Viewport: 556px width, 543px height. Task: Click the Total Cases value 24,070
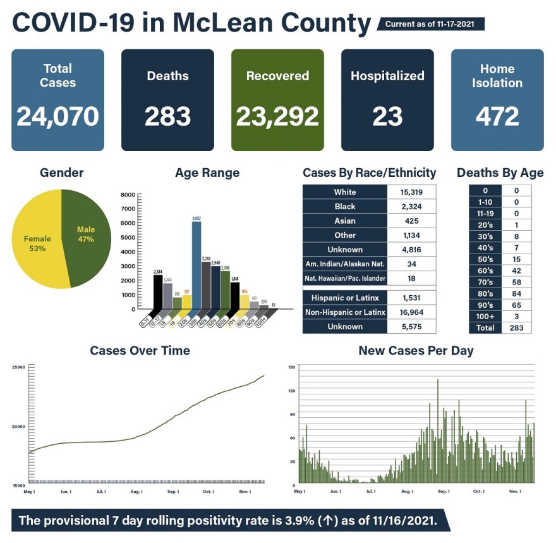click(x=57, y=116)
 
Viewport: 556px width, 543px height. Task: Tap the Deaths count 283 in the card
click(x=167, y=116)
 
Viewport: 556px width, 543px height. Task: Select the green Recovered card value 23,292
click(x=277, y=116)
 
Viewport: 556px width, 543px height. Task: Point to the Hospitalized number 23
click(x=387, y=116)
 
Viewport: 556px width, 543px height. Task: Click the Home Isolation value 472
click(x=497, y=116)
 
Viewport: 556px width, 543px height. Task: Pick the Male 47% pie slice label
click(x=85, y=234)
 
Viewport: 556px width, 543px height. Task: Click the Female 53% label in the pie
click(x=37, y=243)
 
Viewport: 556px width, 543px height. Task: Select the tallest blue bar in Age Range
click(x=196, y=265)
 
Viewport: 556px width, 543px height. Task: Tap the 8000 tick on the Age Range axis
click(x=127, y=195)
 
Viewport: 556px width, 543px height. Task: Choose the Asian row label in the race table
click(x=345, y=221)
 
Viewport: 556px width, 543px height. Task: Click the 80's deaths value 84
click(x=517, y=293)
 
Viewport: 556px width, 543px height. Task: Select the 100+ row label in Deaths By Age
click(x=485, y=316)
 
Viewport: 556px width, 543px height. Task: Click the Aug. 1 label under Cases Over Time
click(x=136, y=491)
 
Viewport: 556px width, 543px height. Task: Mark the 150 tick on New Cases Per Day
click(x=291, y=367)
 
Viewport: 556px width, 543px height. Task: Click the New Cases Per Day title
click(x=415, y=350)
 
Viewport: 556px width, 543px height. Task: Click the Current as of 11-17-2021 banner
click(x=430, y=24)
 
